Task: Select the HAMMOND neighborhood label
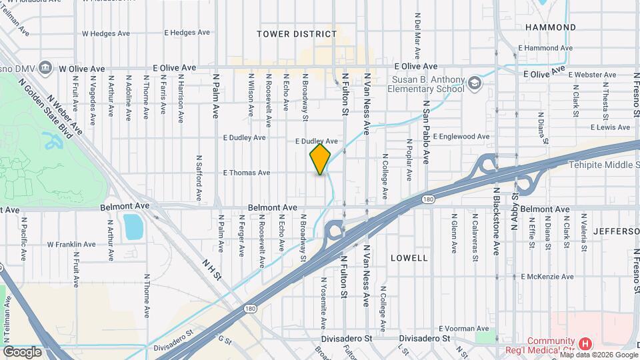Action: pos(550,27)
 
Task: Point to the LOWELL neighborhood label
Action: pos(409,257)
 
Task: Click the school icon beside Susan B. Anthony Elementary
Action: pos(474,83)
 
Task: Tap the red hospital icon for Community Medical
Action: pos(585,344)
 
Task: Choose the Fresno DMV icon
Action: pos(45,67)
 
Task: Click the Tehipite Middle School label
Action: pos(603,165)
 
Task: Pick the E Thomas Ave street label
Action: pos(247,173)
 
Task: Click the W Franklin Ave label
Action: pos(77,244)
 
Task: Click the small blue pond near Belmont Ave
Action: pos(133,227)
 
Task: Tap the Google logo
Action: pos(22,352)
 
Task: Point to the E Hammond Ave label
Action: pos(545,48)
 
